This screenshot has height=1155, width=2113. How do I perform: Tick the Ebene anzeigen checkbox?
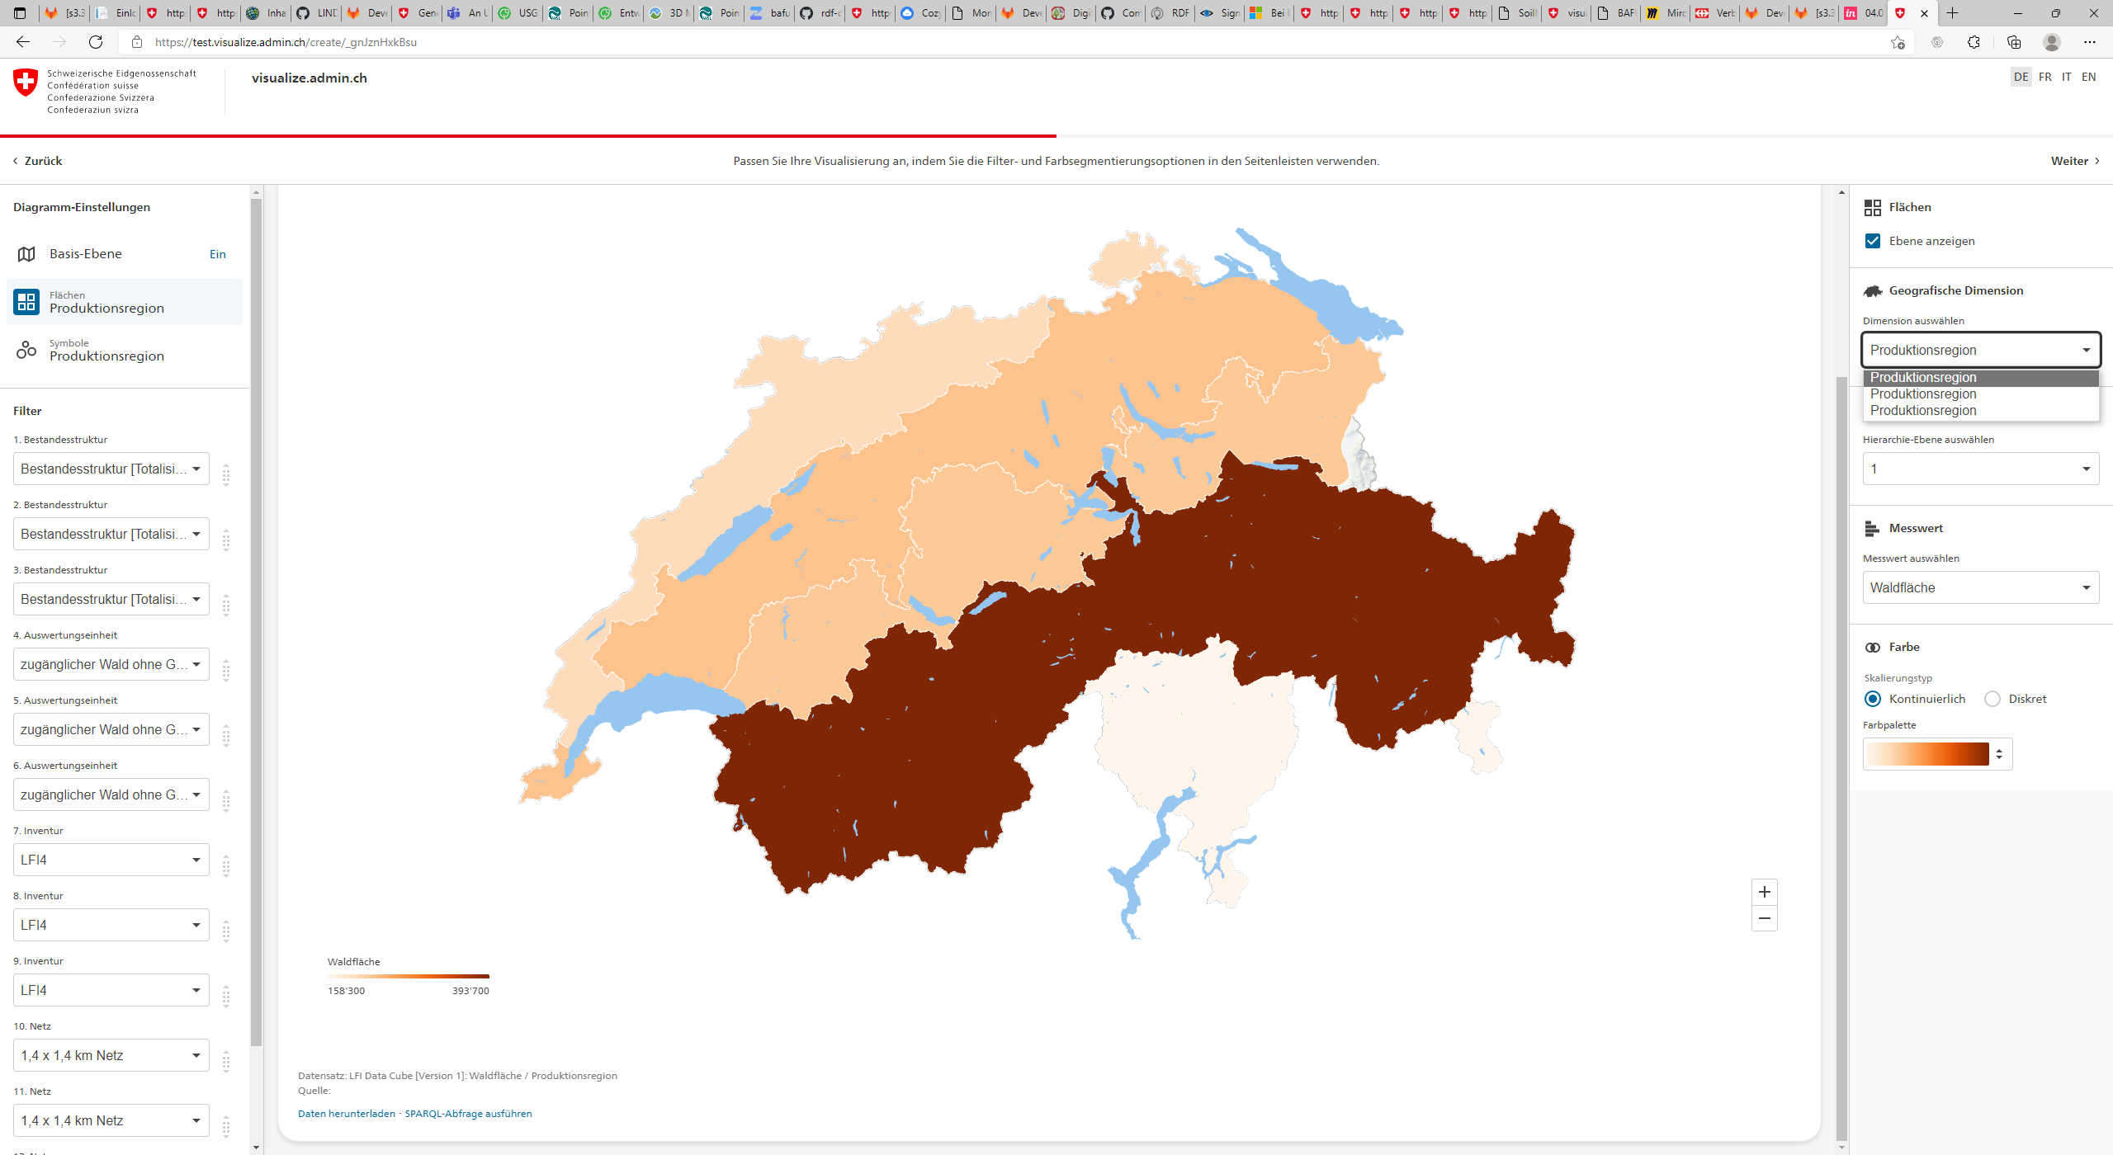(x=1873, y=241)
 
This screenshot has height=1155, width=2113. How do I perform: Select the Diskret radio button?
(x=1992, y=699)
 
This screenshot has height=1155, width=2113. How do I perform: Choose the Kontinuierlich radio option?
(x=1873, y=699)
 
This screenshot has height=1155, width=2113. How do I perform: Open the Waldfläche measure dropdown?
(x=1980, y=587)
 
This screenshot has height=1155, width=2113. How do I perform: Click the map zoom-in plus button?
(x=1764, y=892)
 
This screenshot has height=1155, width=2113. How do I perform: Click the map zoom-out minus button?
(x=1764, y=918)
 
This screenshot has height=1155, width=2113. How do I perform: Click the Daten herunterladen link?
(x=347, y=1114)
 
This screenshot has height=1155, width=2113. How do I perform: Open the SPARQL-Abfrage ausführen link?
(x=468, y=1114)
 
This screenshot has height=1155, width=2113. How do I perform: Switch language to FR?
(x=2044, y=77)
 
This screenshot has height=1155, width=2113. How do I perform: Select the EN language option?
(x=2088, y=77)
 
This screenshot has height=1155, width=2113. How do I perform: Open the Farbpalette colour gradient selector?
(x=1937, y=754)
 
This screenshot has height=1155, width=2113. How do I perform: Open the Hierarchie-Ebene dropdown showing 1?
(x=1980, y=469)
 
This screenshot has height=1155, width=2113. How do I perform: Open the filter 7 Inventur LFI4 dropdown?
(x=111, y=860)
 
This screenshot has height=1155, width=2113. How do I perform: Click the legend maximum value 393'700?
(x=470, y=991)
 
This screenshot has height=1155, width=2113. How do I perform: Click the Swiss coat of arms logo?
(x=26, y=82)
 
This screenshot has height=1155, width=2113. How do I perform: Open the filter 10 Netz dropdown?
(x=111, y=1055)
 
